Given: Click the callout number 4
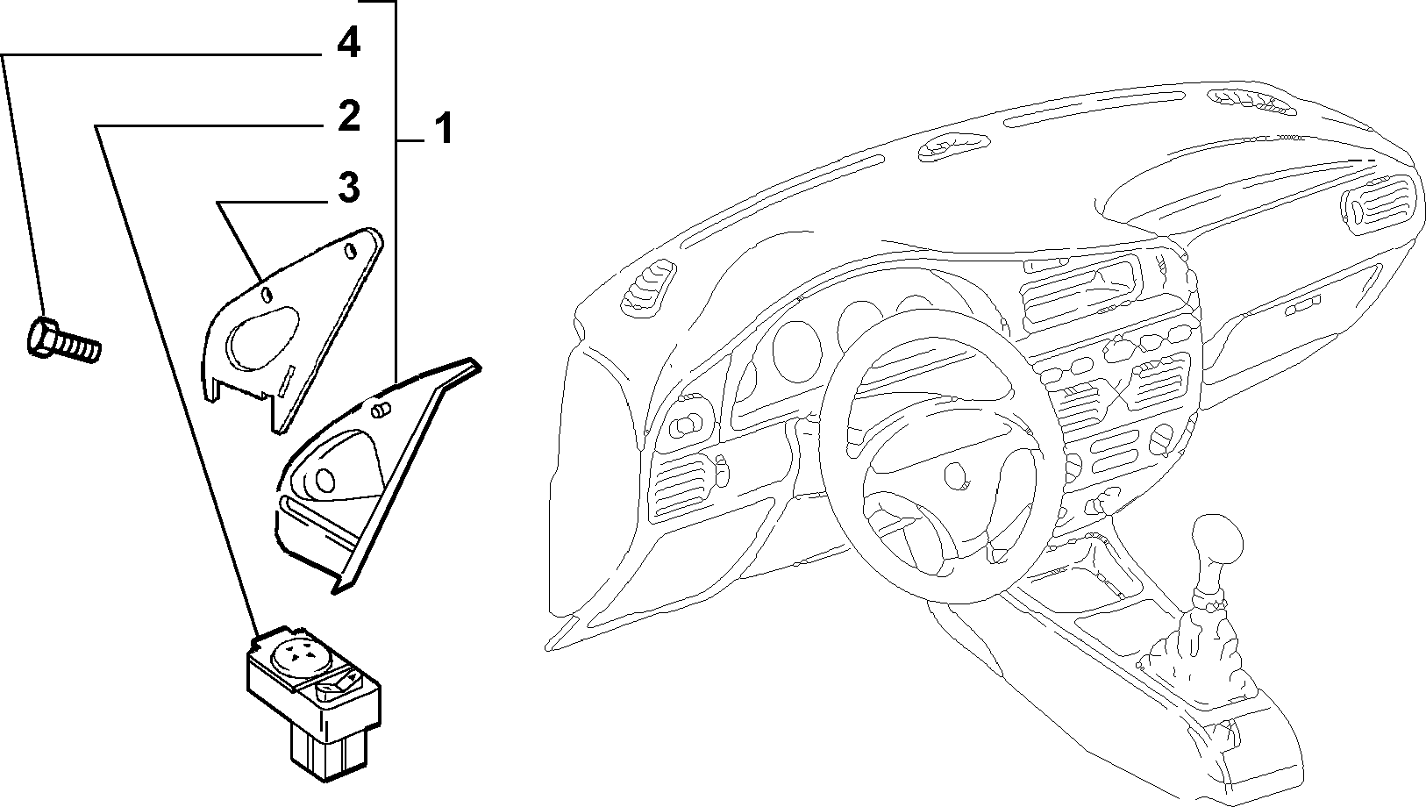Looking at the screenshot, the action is point(348,43).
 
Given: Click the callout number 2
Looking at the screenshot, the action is point(349,116).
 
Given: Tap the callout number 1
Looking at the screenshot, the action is point(443,128).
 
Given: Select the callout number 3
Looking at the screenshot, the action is point(349,188).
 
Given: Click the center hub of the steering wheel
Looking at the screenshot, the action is point(955,475).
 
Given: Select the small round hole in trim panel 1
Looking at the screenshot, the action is point(324,481).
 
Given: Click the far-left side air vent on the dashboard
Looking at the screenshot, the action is point(649,287).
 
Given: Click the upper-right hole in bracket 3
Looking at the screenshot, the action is point(350,251).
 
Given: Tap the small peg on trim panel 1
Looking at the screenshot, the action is point(380,411).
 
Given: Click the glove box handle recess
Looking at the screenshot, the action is point(1301,306).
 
